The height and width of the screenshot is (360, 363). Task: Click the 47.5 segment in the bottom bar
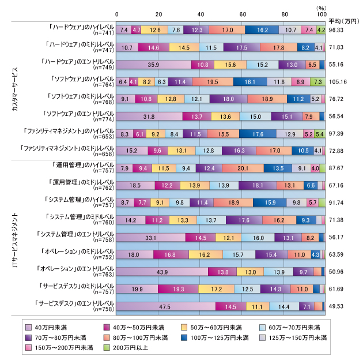coord(166,306)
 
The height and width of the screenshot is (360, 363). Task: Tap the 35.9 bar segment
coord(154,65)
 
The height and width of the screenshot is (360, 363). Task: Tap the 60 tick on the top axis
coord(243,14)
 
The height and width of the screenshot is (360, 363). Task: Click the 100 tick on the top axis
coord(324,14)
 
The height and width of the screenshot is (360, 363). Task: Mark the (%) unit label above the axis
coord(321,6)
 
